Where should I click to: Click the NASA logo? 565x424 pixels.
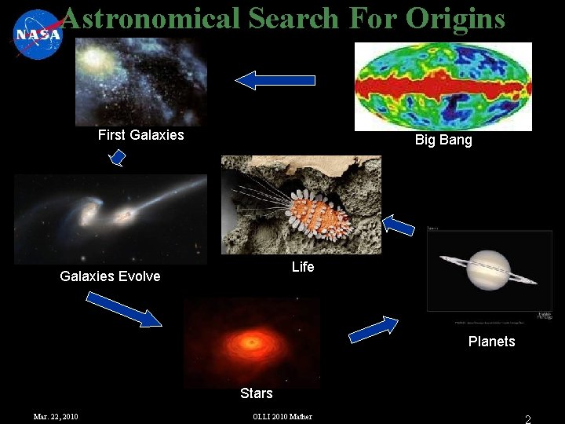36,35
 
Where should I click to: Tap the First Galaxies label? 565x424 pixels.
140,135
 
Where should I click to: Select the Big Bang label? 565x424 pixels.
443,141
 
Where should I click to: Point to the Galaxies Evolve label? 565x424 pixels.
110,276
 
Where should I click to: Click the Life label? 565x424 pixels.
303,267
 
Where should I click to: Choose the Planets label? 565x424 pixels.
491,342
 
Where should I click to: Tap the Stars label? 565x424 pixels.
256,393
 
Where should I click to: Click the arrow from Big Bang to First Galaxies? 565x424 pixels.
275,79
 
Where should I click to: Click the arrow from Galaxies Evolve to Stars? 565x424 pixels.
123,308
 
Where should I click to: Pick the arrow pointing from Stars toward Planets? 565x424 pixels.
374,329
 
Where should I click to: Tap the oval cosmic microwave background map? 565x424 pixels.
443,86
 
